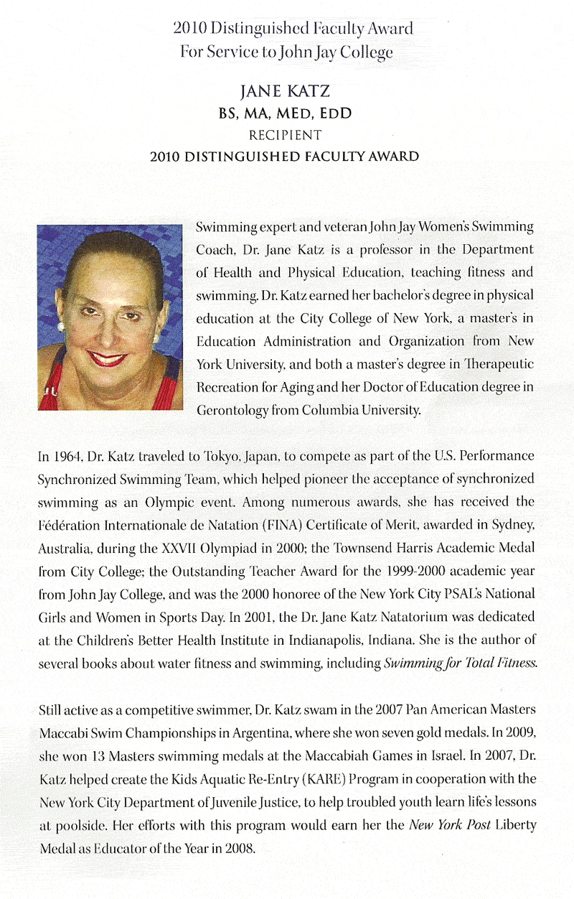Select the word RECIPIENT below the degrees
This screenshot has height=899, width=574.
click(x=294, y=134)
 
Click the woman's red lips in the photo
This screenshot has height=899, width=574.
click(x=108, y=358)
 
